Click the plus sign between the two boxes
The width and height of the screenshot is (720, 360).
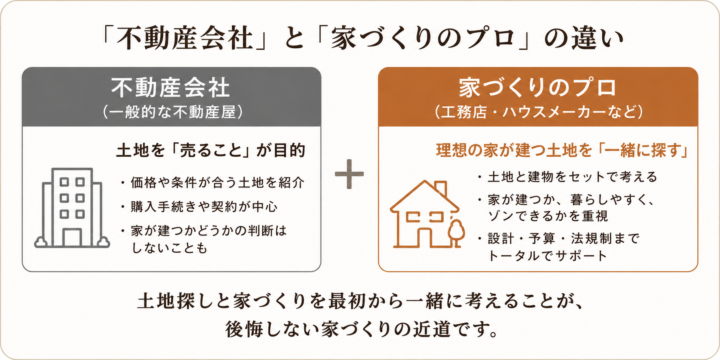tap(349, 174)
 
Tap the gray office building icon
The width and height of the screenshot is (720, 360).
tap(72, 207)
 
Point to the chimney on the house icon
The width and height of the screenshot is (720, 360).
tap(441, 189)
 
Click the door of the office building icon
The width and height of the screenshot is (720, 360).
tap(72, 237)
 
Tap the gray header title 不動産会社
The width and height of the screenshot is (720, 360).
tap(171, 88)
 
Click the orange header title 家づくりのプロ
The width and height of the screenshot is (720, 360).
tap(538, 88)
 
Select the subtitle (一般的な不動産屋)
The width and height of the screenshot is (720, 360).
tap(172, 112)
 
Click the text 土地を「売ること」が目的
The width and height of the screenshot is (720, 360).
tap(211, 150)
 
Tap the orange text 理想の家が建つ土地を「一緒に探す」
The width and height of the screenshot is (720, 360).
tap(562, 150)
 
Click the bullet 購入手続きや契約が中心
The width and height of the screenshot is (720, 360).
tap(199, 207)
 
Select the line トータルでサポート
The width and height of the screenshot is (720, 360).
tap(548, 256)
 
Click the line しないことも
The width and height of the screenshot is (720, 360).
tap(170, 248)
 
